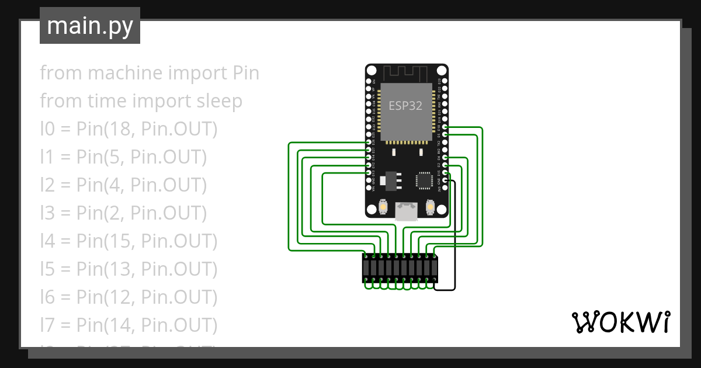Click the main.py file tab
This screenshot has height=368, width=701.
[x=90, y=26]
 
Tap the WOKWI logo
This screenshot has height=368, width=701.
[x=620, y=322]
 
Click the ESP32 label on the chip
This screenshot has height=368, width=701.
[x=405, y=106]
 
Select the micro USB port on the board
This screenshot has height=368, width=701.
[x=407, y=211]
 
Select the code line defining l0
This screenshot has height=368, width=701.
[x=129, y=129]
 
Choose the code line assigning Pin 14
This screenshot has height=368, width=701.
[x=129, y=325]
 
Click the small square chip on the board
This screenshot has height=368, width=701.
[x=423, y=180]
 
